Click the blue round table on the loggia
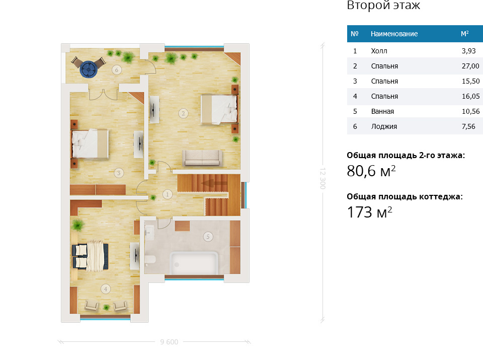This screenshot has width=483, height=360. click(x=89, y=69)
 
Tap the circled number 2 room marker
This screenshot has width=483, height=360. click(x=183, y=113)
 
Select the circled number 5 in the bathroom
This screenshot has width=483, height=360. click(x=208, y=237)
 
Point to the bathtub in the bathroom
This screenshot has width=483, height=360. click(x=194, y=263)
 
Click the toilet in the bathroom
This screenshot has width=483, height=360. click(x=150, y=260)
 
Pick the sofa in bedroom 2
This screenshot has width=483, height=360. click(x=202, y=159)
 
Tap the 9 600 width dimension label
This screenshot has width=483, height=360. click(x=169, y=342)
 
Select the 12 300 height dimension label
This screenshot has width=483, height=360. click(x=323, y=178)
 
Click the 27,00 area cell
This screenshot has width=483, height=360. click(x=470, y=66)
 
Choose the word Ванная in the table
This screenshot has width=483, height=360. click(x=382, y=111)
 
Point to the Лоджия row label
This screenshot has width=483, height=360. click(x=384, y=126)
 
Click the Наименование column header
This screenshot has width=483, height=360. click(x=394, y=34)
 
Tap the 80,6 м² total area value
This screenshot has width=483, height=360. click(x=371, y=171)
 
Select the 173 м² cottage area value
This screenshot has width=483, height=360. click(x=369, y=212)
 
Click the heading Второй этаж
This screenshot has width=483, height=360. click(x=383, y=5)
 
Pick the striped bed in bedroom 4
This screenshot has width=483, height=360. click(x=90, y=256)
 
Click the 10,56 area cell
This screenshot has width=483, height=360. click(x=471, y=111)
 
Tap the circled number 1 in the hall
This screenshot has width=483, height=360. click(x=167, y=194)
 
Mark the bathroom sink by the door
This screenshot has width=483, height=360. click(x=149, y=233)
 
